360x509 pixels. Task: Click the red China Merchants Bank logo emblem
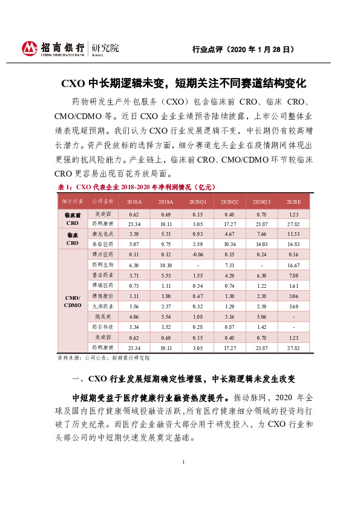tap(30, 48)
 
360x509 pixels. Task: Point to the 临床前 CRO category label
tap(72, 219)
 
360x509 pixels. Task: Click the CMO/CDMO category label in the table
tap(72, 301)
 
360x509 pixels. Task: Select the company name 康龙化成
tap(100, 233)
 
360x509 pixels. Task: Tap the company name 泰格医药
tap(100, 244)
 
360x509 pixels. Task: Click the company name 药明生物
tap(100, 265)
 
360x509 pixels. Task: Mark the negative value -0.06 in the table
tap(198, 254)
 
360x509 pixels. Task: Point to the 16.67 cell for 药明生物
tap(293, 265)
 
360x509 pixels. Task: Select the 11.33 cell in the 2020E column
tap(293, 233)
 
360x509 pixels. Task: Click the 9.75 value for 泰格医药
tap(166, 244)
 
